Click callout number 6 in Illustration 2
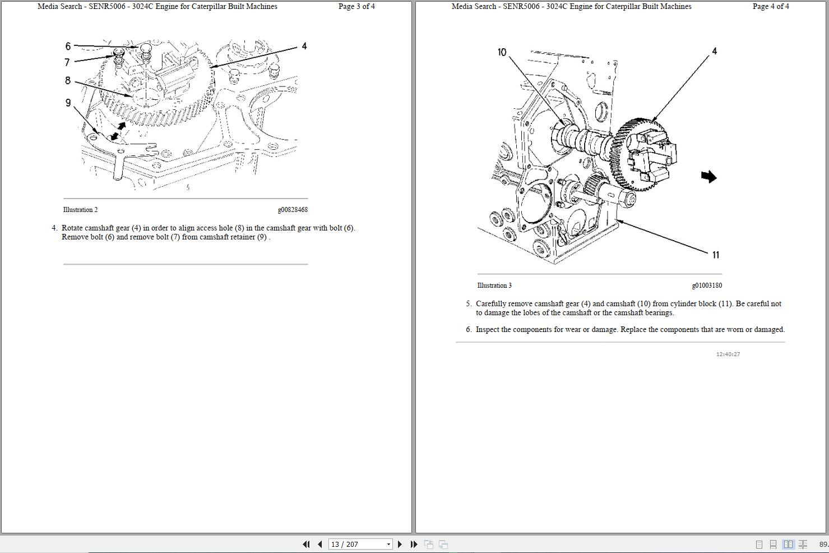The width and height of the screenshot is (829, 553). [x=68, y=46]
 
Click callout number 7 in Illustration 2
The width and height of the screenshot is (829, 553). [x=67, y=62]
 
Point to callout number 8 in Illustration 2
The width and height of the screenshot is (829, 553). [x=68, y=81]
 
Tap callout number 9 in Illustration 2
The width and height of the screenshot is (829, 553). [x=68, y=103]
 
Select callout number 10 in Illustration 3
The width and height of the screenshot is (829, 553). [x=502, y=52]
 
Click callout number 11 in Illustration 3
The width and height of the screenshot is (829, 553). [x=715, y=255]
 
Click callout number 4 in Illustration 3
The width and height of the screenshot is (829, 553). [x=714, y=51]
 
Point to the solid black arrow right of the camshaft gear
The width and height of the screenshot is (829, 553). [x=708, y=177]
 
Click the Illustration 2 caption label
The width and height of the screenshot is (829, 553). [x=80, y=210]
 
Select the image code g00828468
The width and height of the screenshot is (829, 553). [x=293, y=210]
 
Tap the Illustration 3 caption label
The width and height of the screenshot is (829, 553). [x=494, y=285]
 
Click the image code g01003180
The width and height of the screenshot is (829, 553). [x=707, y=285]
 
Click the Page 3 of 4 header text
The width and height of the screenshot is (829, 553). [x=356, y=7]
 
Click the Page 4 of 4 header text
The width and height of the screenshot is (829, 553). [x=771, y=7]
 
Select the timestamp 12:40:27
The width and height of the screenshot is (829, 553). [x=728, y=354]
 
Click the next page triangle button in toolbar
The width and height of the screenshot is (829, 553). [x=400, y=544]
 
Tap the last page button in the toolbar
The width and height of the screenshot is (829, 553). [x=414, y=544]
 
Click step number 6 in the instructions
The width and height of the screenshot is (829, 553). [x=469, y=330]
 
